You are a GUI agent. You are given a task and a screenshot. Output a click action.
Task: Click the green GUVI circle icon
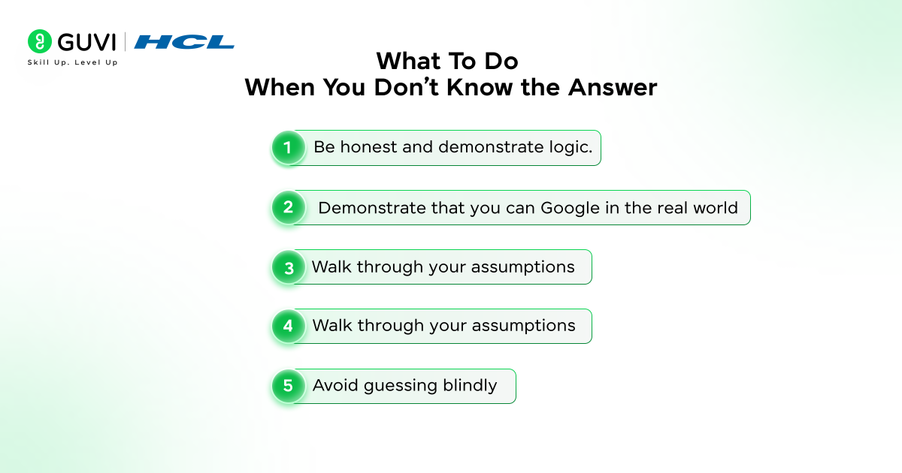(39, 41)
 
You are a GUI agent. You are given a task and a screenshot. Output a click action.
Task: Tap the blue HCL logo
(184, 42)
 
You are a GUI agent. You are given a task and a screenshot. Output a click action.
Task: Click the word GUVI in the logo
(86, 42)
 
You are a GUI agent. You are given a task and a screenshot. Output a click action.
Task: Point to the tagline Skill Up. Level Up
(72, 62)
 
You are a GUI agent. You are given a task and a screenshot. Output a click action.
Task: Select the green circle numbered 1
(288, 147)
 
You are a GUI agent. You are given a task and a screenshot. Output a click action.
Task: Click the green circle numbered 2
(288, 207)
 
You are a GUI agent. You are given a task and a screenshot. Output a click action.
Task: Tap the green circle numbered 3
(288, 267)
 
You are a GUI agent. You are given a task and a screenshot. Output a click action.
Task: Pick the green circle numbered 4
(288, 326)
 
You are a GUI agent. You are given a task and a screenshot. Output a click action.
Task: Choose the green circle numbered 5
(288, 386)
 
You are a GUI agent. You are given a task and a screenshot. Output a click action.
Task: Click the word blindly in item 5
(470, 386)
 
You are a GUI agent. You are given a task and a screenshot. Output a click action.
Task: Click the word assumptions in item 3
(522, 267)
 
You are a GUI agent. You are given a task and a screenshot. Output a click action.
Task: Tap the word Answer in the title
(613, 87)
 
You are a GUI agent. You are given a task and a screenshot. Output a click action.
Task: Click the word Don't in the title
(407, 87)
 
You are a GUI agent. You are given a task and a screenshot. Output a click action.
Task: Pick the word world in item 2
(715, 208)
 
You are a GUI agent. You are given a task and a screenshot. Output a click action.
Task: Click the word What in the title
(409, 61)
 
